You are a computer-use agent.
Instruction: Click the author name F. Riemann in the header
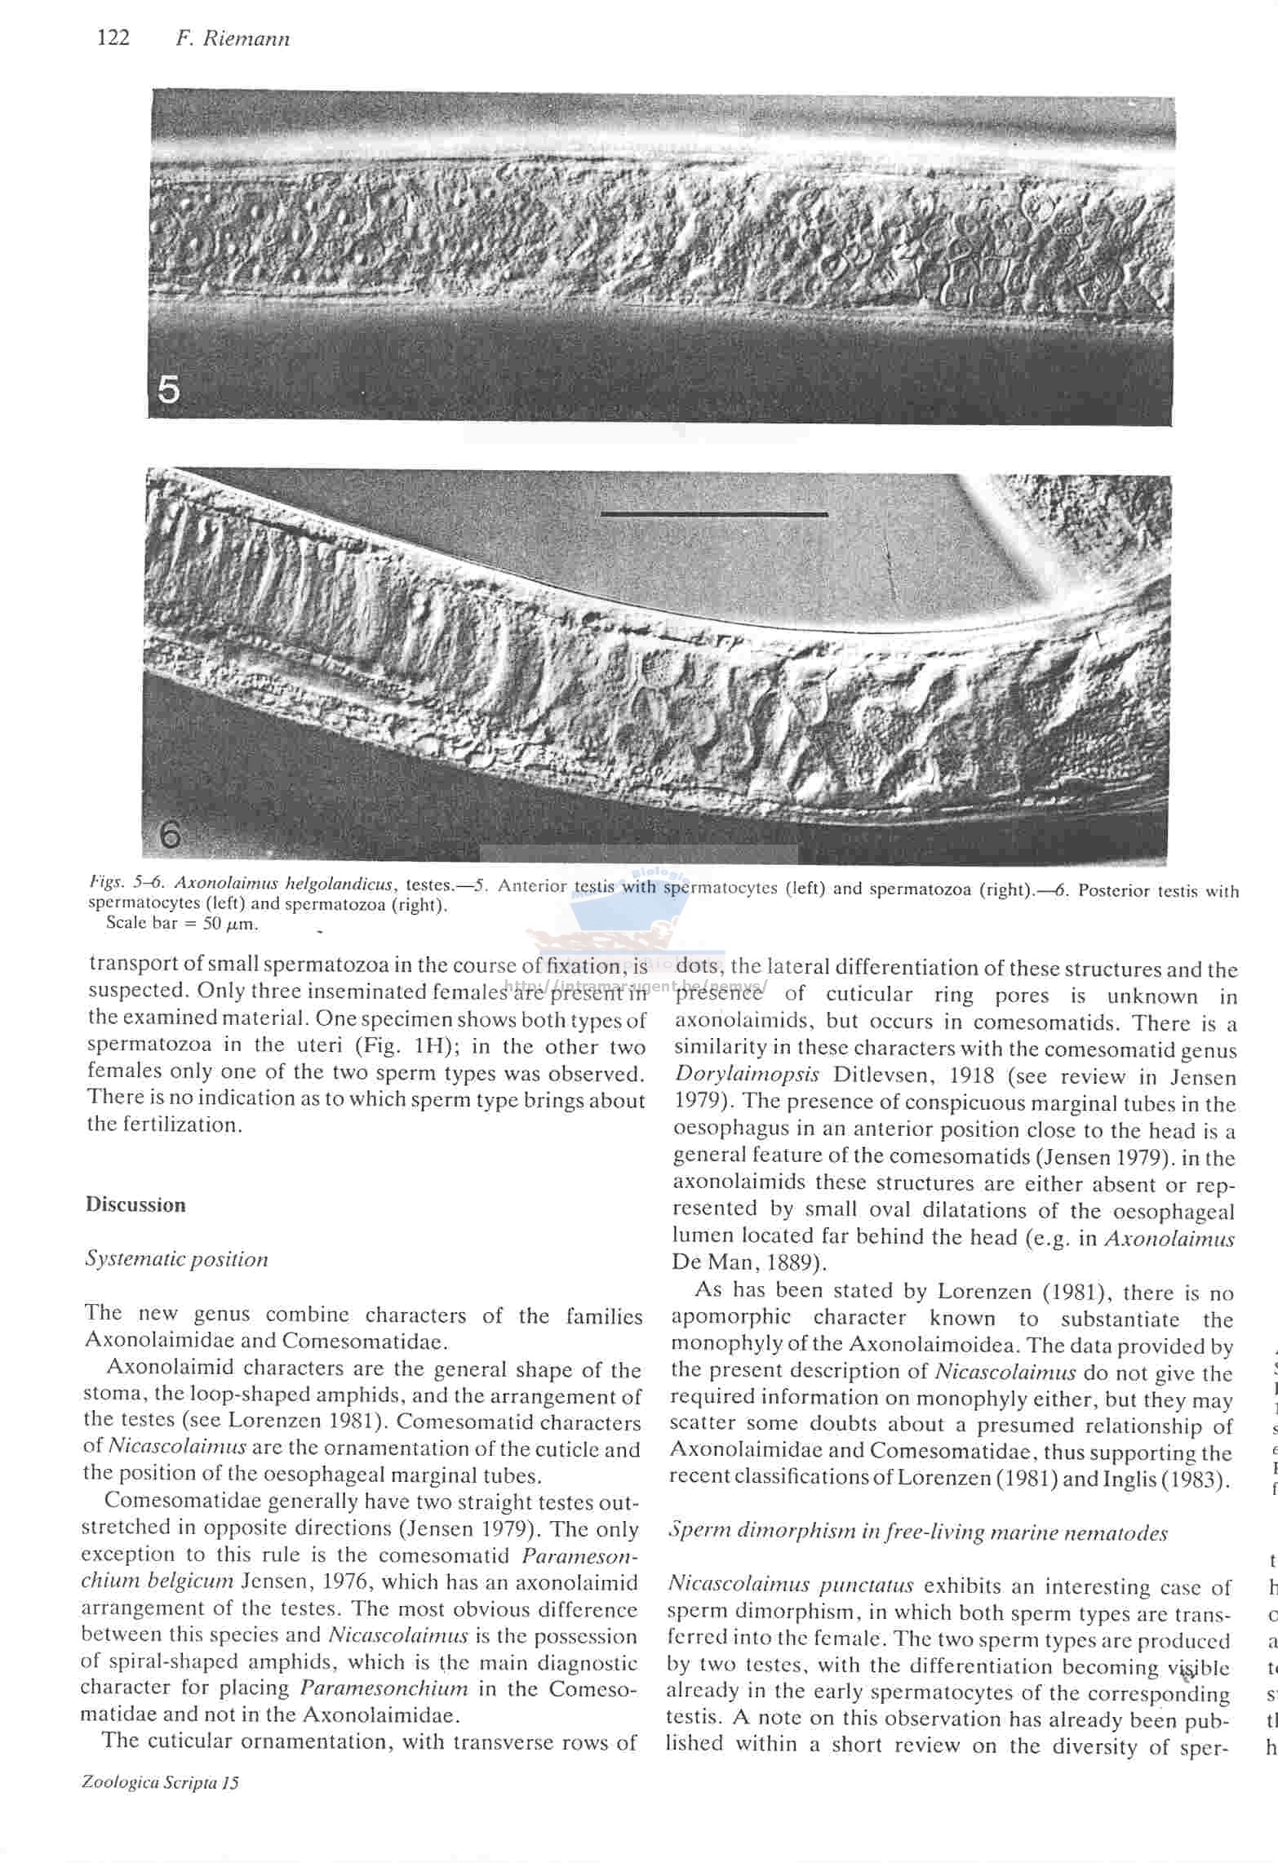tap(233, 39)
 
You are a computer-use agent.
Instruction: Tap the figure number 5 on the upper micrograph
tap(168, 391)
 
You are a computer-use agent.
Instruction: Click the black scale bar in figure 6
tap(713, 514)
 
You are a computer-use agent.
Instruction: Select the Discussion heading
tap(135, 1204)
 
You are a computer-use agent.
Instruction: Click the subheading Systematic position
tap(176, 1258)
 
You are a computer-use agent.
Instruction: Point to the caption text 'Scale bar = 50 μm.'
tap(182, 925)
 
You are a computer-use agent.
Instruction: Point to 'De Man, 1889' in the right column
tap(748, 1262)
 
